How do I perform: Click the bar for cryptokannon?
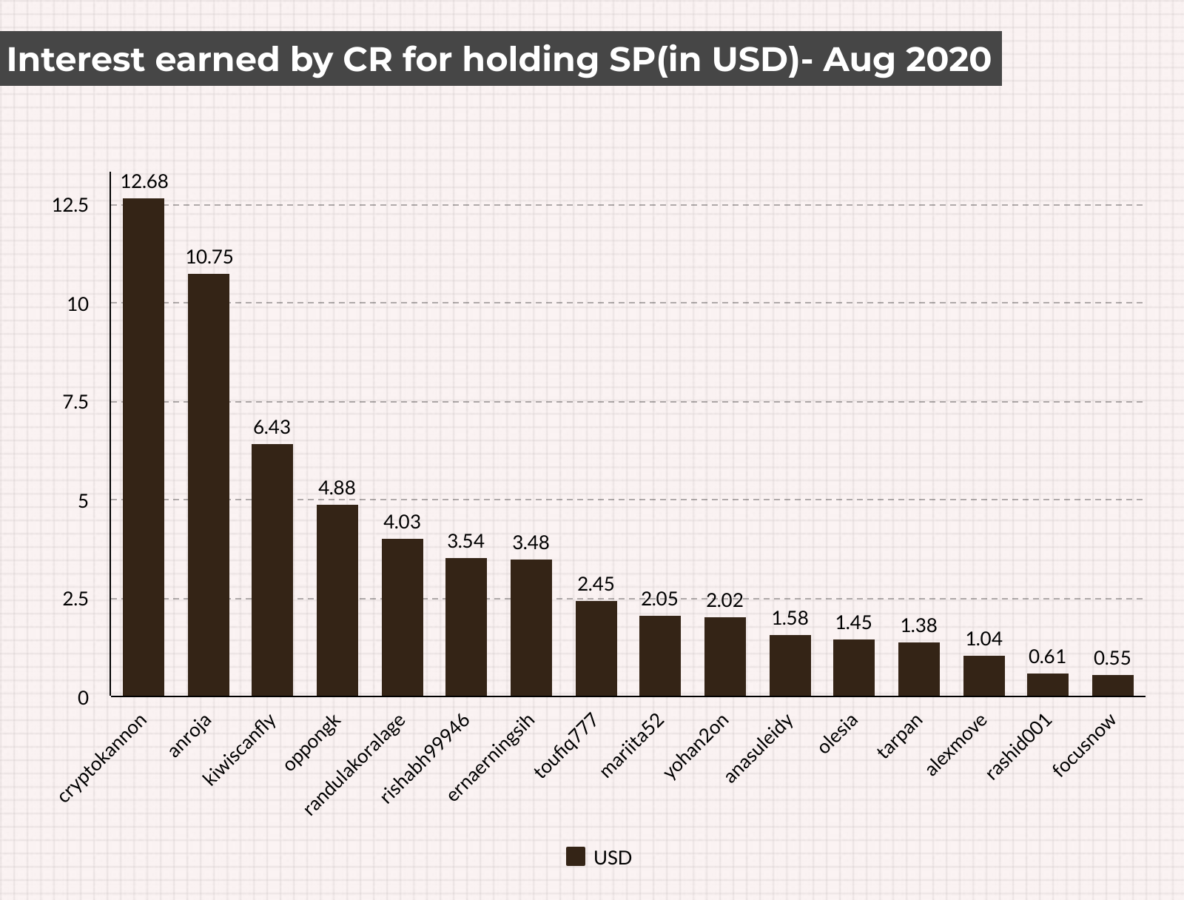pyautogui.click(x=144, y=448)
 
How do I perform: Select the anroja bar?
pyautogui.click(x=208, y=486)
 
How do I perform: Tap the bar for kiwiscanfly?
pyautogui.click(x=272, y=571)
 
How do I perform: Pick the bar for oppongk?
pyautogui.click(x=337, y=601)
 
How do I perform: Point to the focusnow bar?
pyautogui.click(x=1113, y=686)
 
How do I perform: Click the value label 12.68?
pyautogui.click(x=144, y=182)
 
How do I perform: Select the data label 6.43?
pyautogui.click(x=272, y=428)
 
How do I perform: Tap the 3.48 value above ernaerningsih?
pyautogui.click(x=531, y=543)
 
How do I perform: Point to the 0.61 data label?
pyautogui.click(x=1047, y=656)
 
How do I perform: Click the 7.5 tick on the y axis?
pyautogui.click(x=75, y=403)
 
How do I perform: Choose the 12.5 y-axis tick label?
pyautogui.click(x=70, y=206)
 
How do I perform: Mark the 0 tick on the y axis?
pyautogui.click(x=83, y=698)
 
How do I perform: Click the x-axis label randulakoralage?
pyautogui.click(x=354, y=764)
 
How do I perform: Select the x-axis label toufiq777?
pyautogui.click(x=566, y=745)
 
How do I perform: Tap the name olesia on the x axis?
pyautogui.click(x=838, y=733)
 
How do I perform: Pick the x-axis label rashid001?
pyautogui.click(x=1019, y=746)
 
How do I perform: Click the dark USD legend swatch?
pyautogui.click(x=576, y=856)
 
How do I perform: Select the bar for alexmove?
pyautogui.click(x=984, y=676)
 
